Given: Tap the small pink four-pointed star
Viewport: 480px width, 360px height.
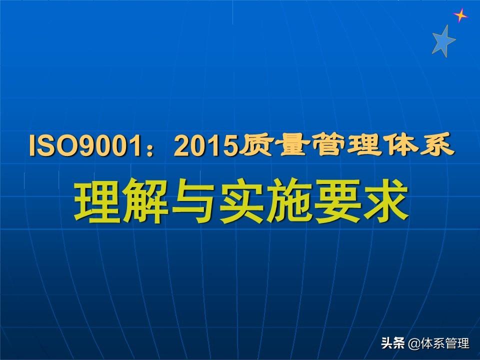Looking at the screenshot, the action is click(x=460, y=15).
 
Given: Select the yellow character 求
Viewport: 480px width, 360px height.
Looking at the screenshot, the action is click(x=385, y=201).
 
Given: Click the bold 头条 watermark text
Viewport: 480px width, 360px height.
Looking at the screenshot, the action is click(x=393, y=343).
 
